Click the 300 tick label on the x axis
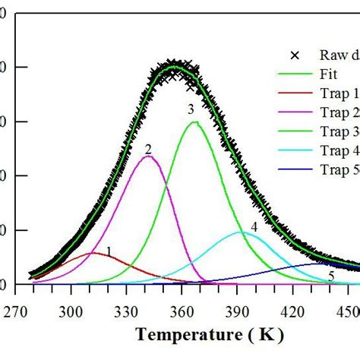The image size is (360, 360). (71, 311)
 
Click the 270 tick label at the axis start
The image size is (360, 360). (16, 311)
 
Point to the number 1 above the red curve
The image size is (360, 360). (109, 251)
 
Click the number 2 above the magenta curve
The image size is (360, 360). (148, 149)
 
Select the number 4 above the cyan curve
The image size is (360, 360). (254, 227)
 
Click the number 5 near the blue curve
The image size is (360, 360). (330, 275)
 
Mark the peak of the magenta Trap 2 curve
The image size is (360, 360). (148, 156)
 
